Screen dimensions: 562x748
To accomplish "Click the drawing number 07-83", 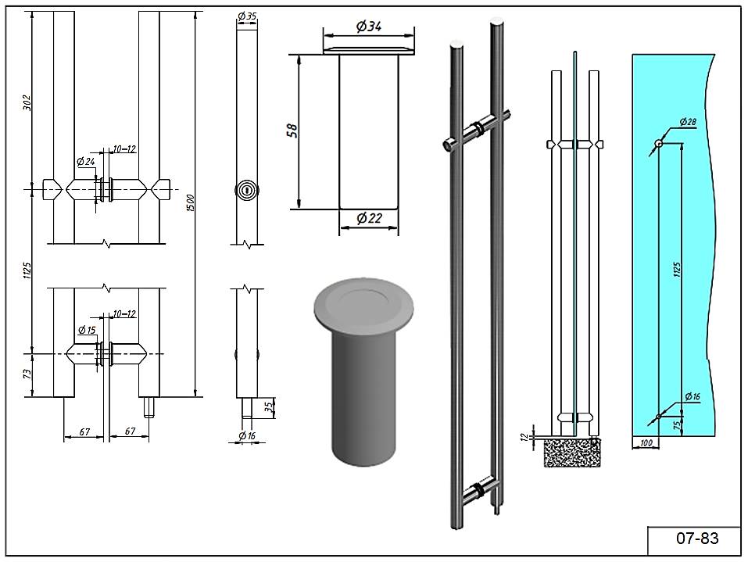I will [696, 539].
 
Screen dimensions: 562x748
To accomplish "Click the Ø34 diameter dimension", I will [368, 27].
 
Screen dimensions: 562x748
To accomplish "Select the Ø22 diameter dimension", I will [368, 220].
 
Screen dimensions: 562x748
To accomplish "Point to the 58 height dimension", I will [292, 130].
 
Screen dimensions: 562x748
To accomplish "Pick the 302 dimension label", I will [27, 103].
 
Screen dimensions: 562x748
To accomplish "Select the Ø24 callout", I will [85, 162].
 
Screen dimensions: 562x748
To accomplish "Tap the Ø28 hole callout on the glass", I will [688, 122].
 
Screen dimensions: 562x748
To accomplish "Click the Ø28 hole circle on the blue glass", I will [659, 144].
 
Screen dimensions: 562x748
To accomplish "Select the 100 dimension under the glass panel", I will [645, 443].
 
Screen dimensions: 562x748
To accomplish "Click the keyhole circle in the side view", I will [247, 189].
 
